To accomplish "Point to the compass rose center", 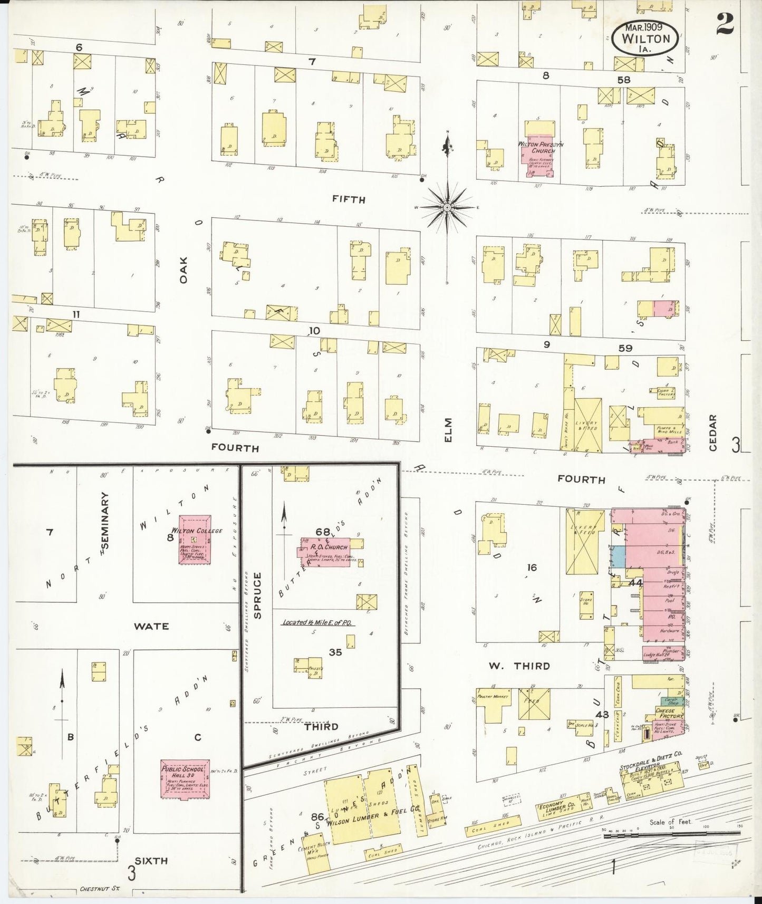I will coord(448,207).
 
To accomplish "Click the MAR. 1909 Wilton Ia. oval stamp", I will coord(645,38).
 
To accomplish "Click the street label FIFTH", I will coord(349,199).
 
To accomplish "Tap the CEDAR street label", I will coord(713,432).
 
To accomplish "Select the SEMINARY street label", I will coord(105,520).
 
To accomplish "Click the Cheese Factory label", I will coord(669,712).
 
